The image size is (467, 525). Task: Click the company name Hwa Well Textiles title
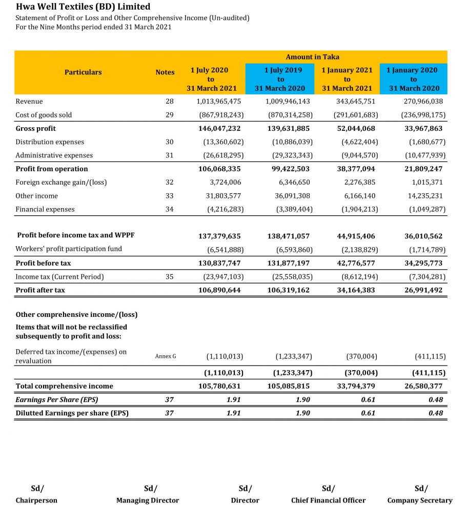coord(83,7)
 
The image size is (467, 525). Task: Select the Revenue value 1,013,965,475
coord(219,102)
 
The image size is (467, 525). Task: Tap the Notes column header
coord(165,72)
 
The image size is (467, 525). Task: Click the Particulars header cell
coord(83,72)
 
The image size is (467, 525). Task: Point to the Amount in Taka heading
coord(312,57)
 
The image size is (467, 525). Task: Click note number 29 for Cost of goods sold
coord(170,115)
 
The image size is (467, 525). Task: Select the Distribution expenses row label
coord(50,142)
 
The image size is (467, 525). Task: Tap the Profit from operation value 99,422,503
coord(289,169)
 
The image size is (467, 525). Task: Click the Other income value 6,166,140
coord(358,196)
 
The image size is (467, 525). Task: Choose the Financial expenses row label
coord(45,209)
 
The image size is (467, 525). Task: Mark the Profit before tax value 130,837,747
coord(219,263)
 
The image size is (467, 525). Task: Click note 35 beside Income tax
coord(170,277)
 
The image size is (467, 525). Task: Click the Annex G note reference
coord(165,356)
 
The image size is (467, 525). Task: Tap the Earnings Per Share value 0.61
coord(368,400)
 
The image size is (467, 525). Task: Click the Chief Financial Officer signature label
coord(328,500)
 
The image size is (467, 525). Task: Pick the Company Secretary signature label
coord(420,500)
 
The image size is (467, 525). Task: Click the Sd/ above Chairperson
coord(37,488)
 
